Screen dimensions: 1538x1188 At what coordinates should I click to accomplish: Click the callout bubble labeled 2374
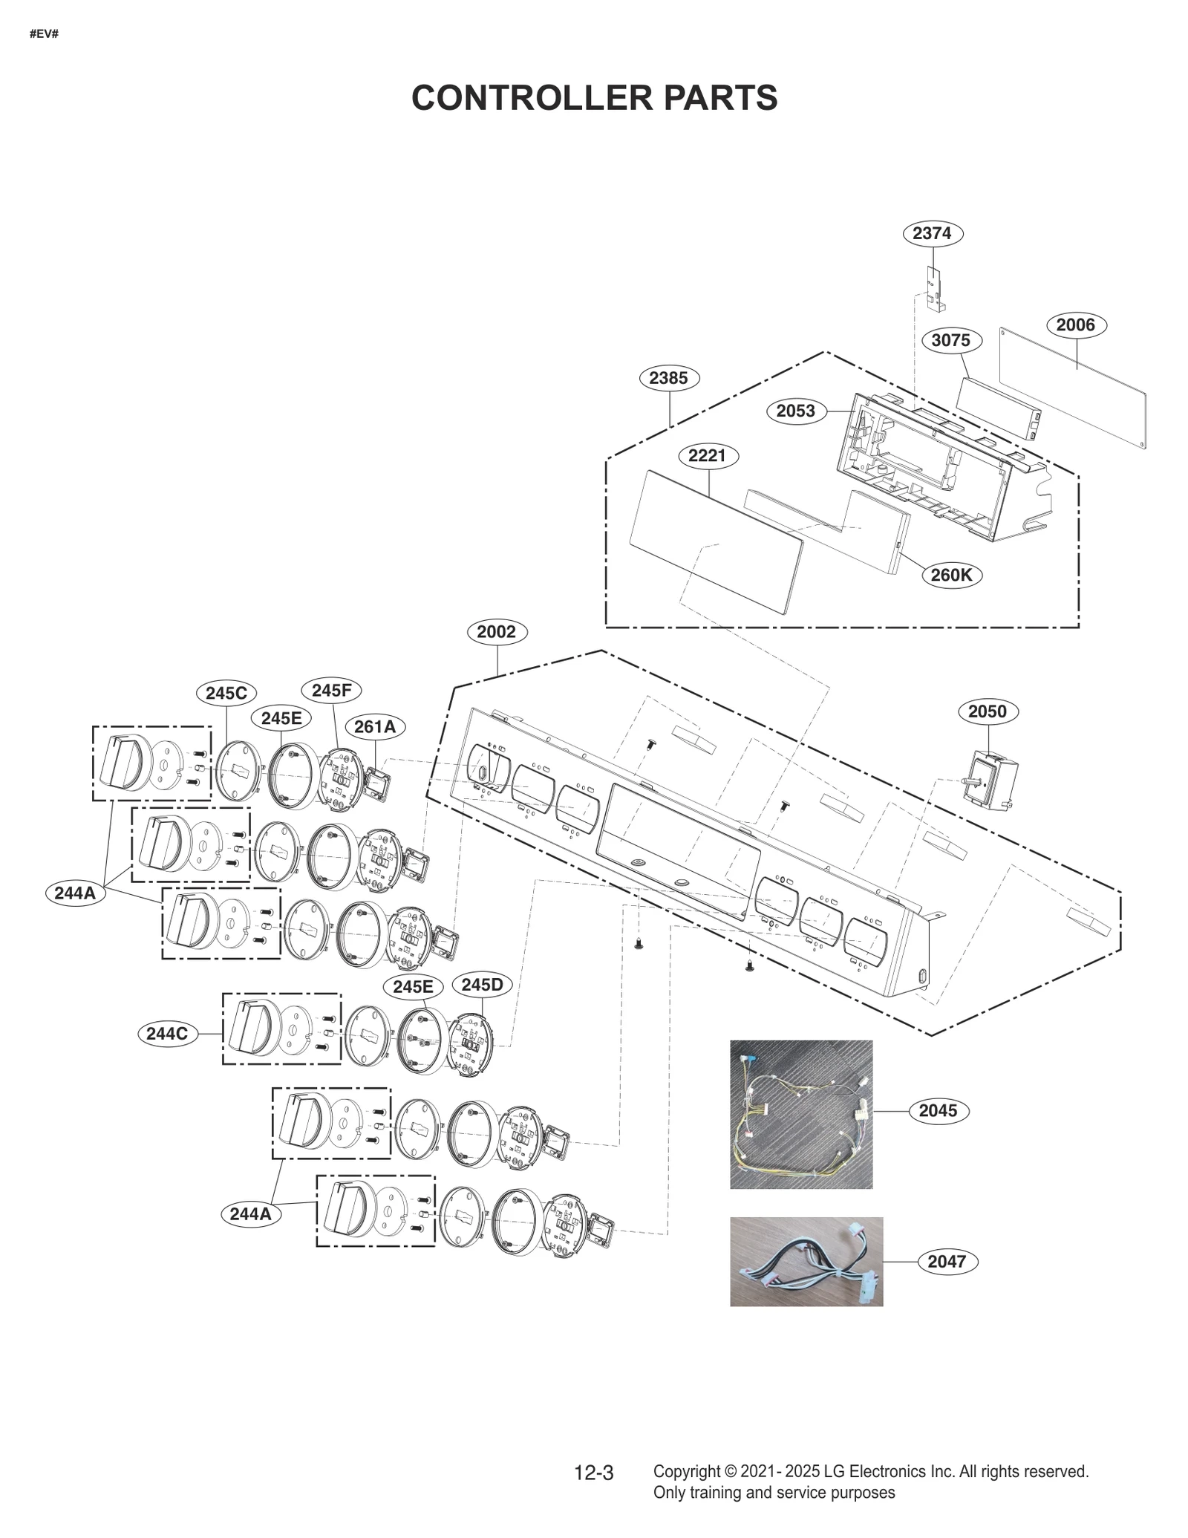[x=933, y=233]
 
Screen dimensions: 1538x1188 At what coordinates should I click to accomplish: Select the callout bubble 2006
[x=1076, y=325]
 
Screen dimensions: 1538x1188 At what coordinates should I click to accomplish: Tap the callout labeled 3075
[x=951, y=340]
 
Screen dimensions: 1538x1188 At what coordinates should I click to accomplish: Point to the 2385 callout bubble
[x=669, y=378]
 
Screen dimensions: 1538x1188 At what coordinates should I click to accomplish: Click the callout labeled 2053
[x=796, y=411]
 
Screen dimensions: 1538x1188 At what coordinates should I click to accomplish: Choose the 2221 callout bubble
[x=707, y=455]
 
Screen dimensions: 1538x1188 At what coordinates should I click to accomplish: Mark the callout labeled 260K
[x=951, y=575]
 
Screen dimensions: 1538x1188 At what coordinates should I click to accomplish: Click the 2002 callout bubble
[x=497, y=632]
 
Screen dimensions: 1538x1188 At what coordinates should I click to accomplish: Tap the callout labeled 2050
[x=988, y=711]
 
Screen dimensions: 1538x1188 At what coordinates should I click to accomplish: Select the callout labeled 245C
[x=226, y=693]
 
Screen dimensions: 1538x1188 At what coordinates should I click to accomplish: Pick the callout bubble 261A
[x=375, y=726]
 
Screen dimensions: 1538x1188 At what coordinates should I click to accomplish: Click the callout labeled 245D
[x=483, y=985]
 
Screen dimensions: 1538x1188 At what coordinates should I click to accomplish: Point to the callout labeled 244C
[x=167, y=1033]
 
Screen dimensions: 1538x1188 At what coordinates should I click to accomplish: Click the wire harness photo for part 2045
[x=801, y=1114]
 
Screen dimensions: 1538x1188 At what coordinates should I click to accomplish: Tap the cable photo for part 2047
[x=806, y=1261]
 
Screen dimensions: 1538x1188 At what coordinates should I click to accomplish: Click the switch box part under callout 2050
[x=989, y=780]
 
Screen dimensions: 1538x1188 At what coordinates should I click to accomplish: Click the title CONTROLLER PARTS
[x=594, y=98]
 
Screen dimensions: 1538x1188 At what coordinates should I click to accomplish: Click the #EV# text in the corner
[x=44, y=34]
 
